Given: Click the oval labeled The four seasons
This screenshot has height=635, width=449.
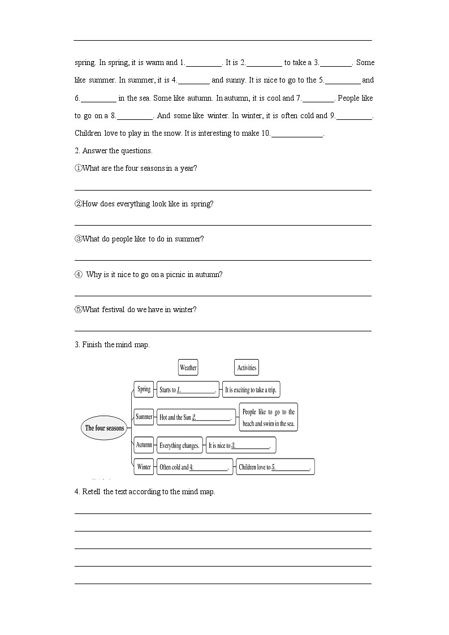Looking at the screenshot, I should (x=105, y=428).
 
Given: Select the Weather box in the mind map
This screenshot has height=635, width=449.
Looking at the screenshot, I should (x=188, y=368).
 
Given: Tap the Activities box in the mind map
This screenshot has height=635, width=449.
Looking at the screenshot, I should (x=247, y=368).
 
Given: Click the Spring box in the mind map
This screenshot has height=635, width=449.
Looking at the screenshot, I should (x=144, y=389).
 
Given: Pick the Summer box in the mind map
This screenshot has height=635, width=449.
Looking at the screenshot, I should (x=144, y=417).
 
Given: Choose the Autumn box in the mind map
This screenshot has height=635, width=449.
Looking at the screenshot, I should (x=144, y=445).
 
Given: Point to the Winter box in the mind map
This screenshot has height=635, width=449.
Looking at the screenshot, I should (x=144, y=467).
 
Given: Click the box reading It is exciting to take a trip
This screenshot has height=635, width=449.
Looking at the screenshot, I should (x=251, y=390).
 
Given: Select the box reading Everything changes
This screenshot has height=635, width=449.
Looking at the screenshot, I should (x=179, y=446).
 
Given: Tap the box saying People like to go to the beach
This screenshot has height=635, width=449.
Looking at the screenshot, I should (x=269, y=418).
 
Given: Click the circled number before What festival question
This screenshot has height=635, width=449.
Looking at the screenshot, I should (x=78, y=309).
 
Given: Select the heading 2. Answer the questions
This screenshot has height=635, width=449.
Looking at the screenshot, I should (x=114, y=150).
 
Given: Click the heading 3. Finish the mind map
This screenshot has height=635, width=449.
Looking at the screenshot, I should (x=112, y=344).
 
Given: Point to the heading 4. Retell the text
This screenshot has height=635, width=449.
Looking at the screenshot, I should (x=145, y=491).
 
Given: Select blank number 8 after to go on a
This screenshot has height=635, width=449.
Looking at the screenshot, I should (x=135, y=116).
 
